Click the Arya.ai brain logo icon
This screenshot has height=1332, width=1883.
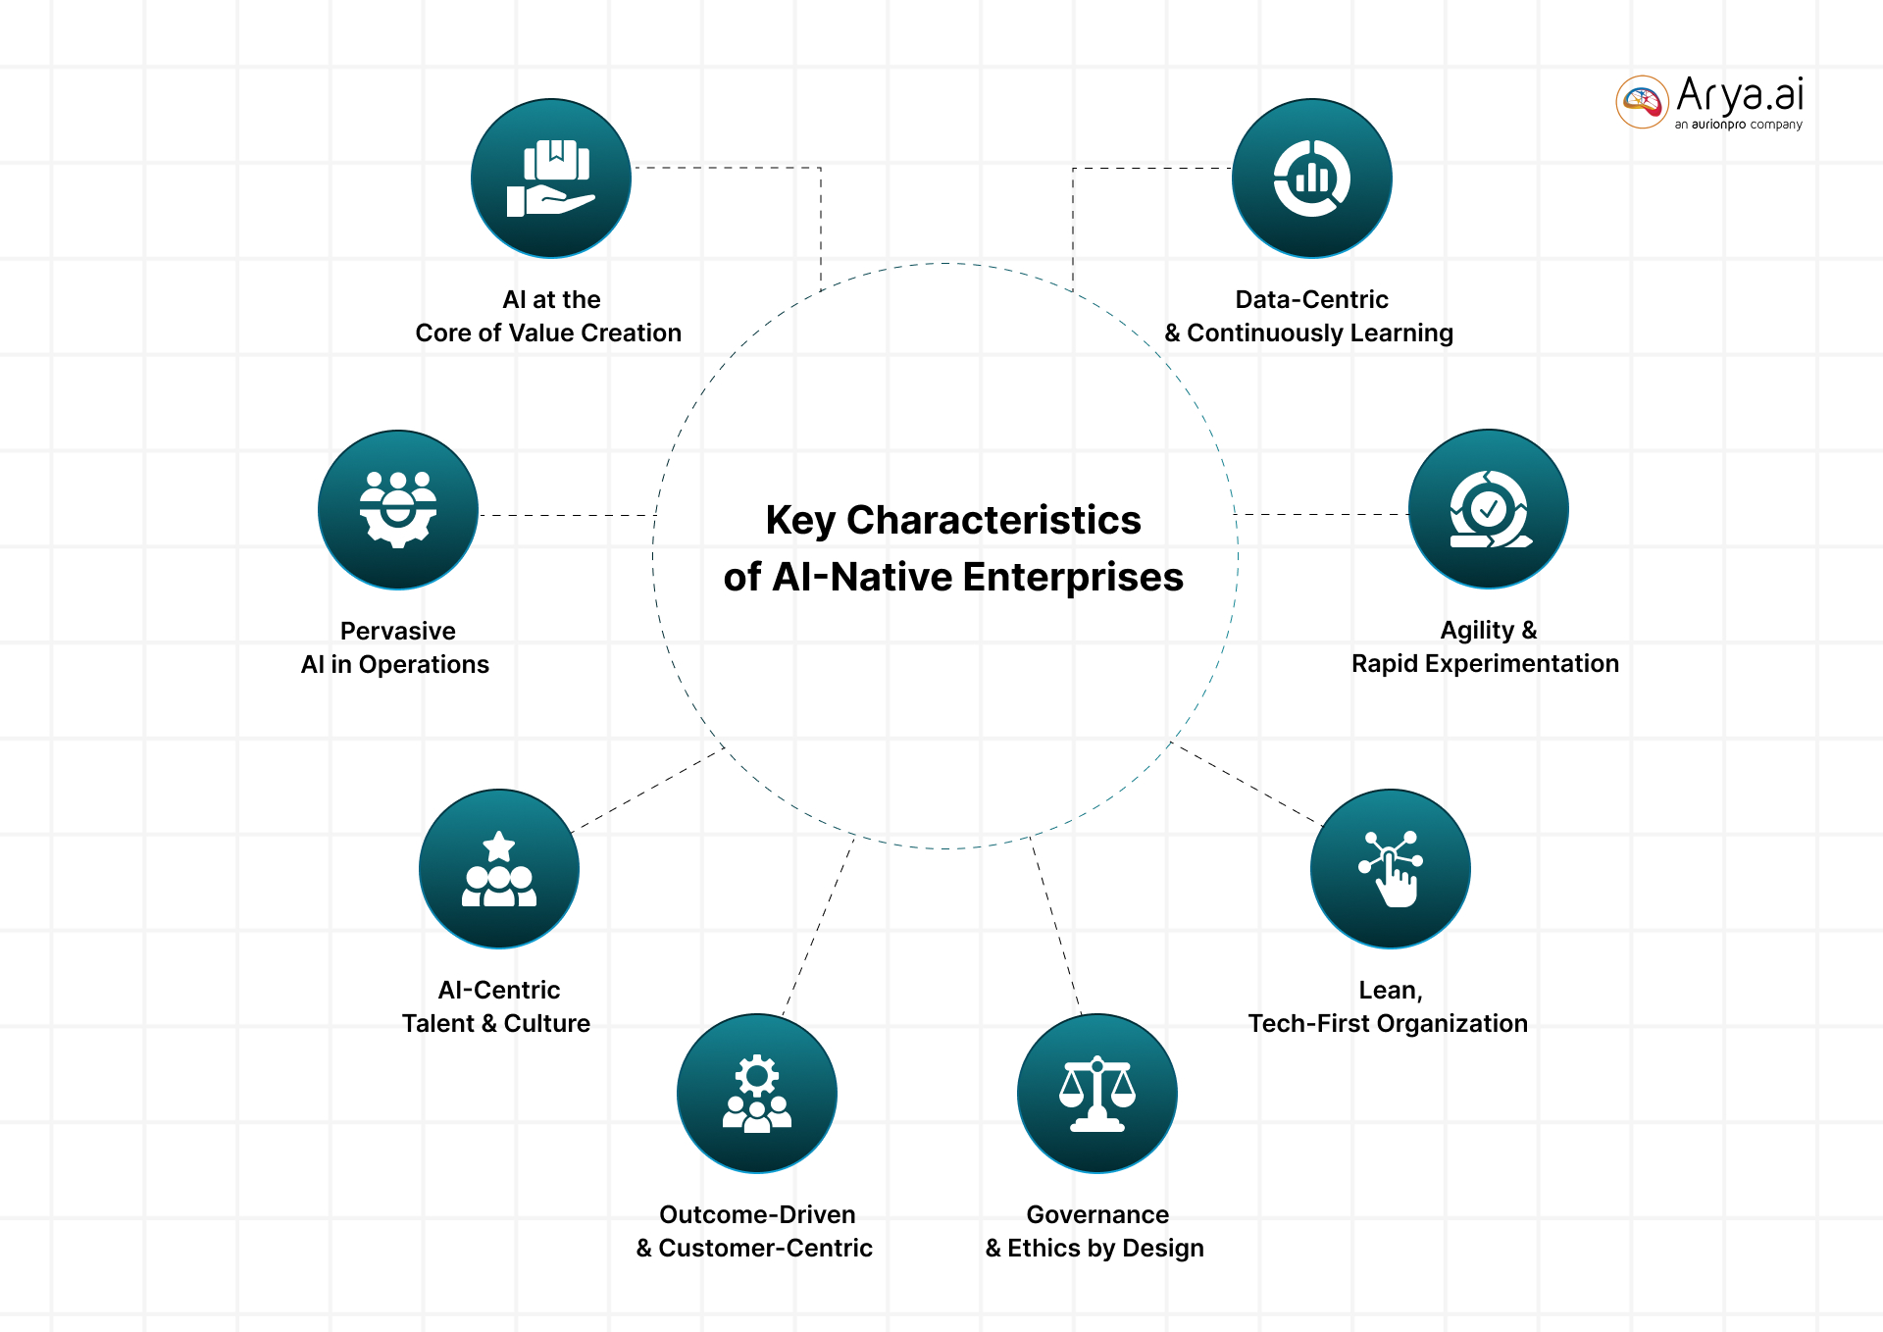click(x=1642, y=101)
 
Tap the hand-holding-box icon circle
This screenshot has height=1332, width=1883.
click(x=551, y=179)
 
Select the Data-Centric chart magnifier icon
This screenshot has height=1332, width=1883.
click(x=1311, y=179)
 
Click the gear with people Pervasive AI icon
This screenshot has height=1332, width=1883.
click(x=398, y=509)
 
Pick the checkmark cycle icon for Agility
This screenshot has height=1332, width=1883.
click(x=1488, y=509)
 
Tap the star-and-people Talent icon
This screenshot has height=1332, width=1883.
click(x=499, y=869)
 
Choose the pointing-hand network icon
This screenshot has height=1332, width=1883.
click(x=1391, y=869)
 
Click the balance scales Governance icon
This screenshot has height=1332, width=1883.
click(x=1097, y=1094)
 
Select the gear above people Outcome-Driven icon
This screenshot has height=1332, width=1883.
click(x=757, y=1094)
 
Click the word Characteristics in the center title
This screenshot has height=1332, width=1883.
click(x=993, y=520)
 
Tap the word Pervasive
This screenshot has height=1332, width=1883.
click(x=397, y=631)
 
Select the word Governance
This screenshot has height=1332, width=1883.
click(x=1097, y=1214)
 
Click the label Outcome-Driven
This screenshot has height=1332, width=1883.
click(x=757, y=1214)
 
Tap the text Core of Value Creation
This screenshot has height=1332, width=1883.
click(x=548, y=333)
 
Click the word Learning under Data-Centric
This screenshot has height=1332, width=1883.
click(x=1401, y=333)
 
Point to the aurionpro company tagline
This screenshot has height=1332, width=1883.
click(x=1738, y=125)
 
